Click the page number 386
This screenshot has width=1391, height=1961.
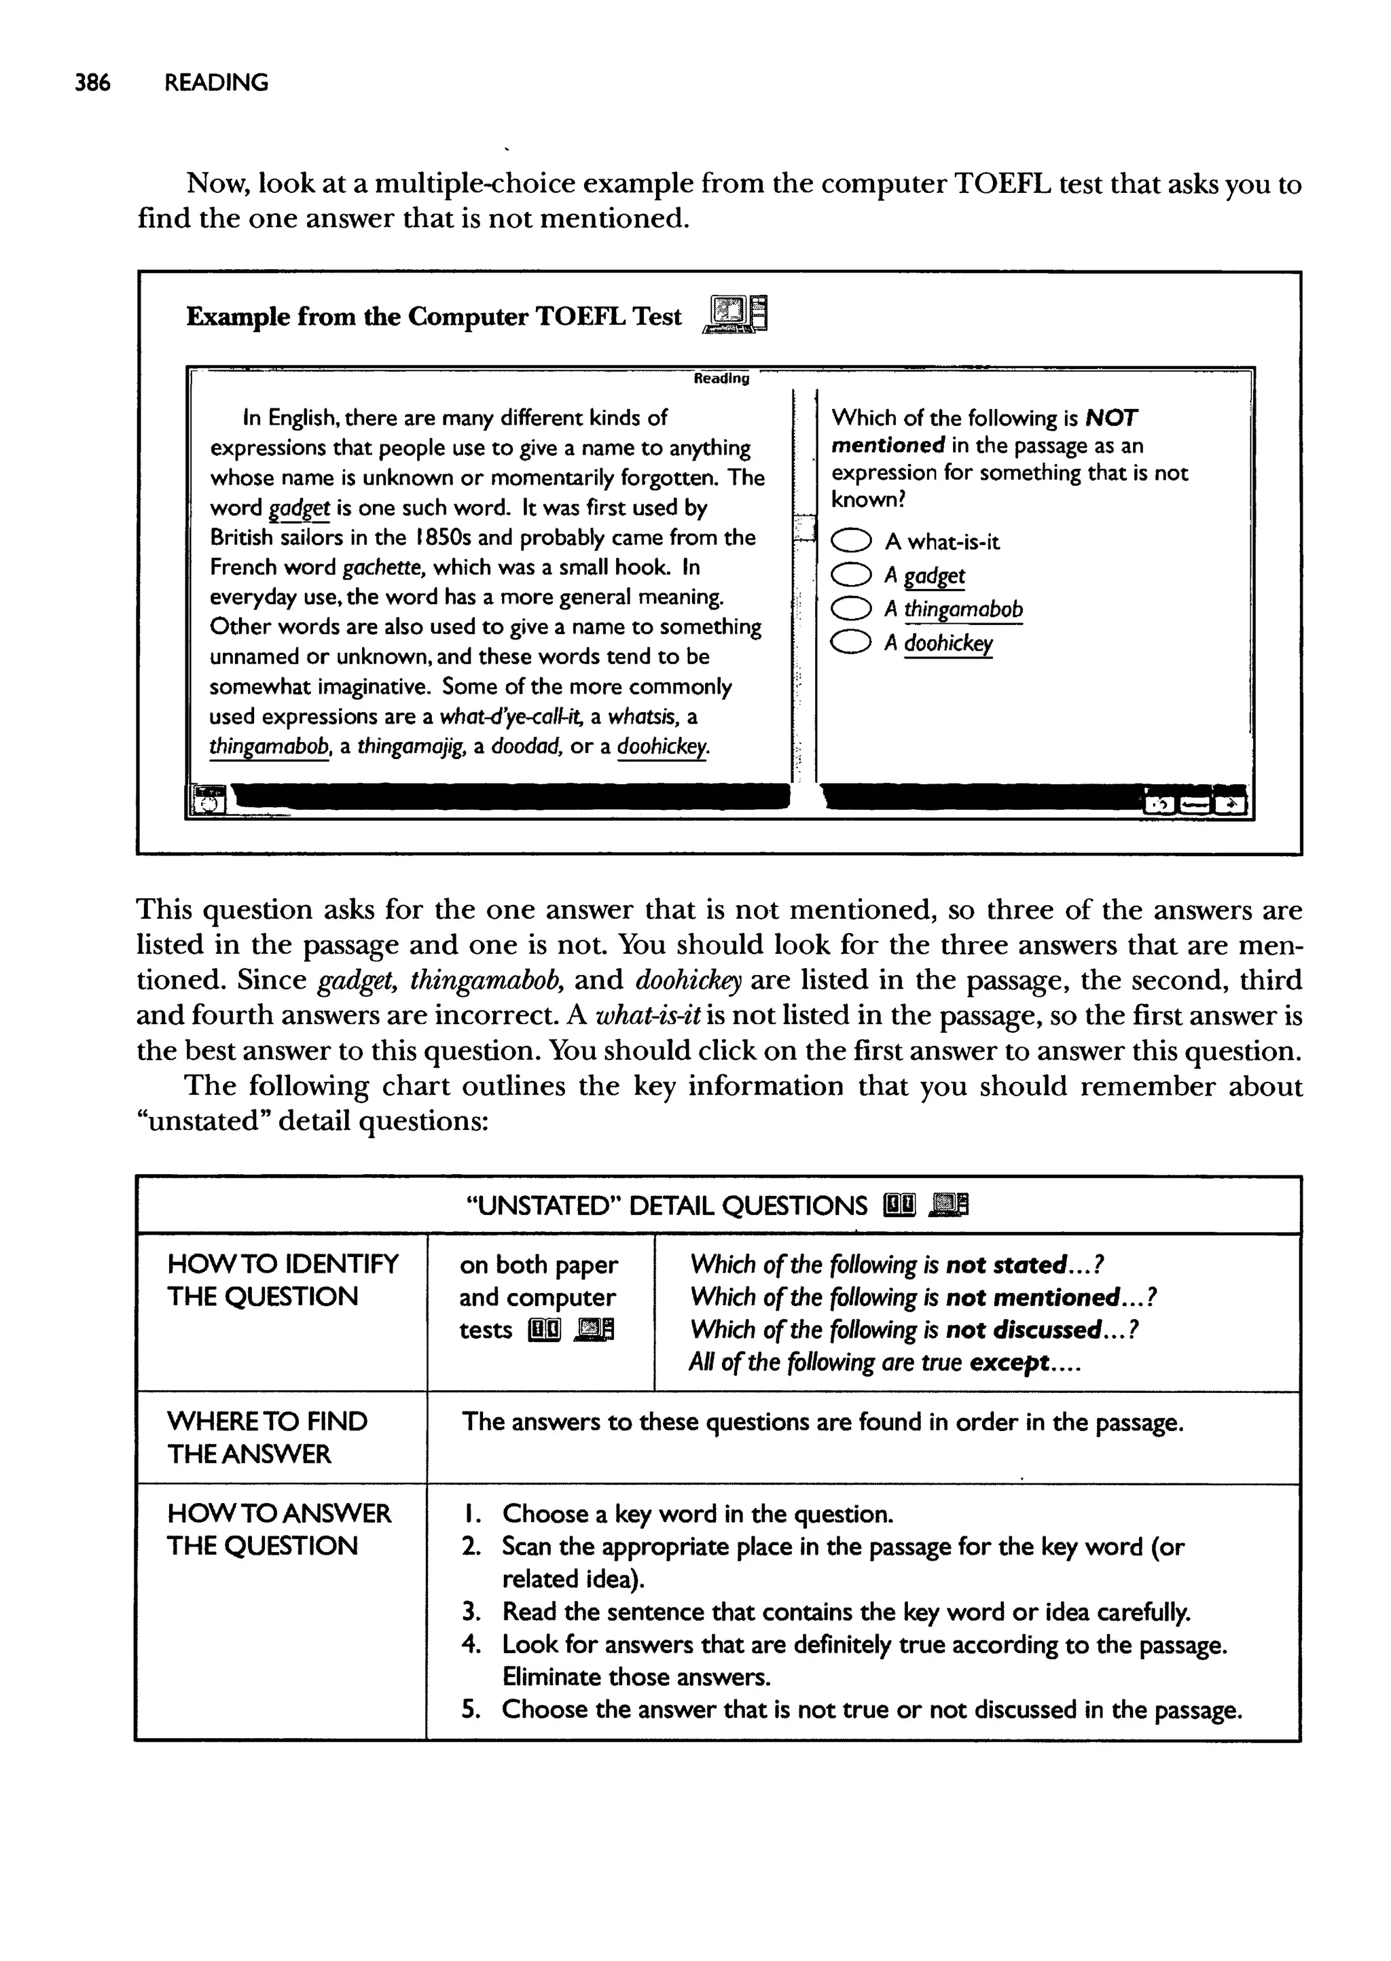coord(92,83)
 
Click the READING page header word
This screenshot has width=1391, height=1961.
coord(216,83)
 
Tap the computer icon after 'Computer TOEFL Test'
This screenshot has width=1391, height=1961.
coord(735,315)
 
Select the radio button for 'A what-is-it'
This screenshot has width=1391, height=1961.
coord(852,542)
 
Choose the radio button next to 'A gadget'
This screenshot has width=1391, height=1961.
coord(852,575)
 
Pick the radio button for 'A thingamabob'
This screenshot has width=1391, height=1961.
coord(852,609)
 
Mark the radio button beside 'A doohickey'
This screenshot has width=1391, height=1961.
coord(852,643)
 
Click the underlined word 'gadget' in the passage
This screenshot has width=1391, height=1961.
coord(299,508)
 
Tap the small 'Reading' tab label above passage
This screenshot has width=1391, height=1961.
coord(721,378)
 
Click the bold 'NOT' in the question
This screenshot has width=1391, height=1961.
coord(1111,418)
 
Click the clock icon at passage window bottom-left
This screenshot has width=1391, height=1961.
coord(208,801)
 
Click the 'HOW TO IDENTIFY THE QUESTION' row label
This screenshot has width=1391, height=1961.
coord(282,1280)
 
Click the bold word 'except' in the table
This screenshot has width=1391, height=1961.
coord(1010,1363)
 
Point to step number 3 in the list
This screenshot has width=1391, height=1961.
coord(470,1612)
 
